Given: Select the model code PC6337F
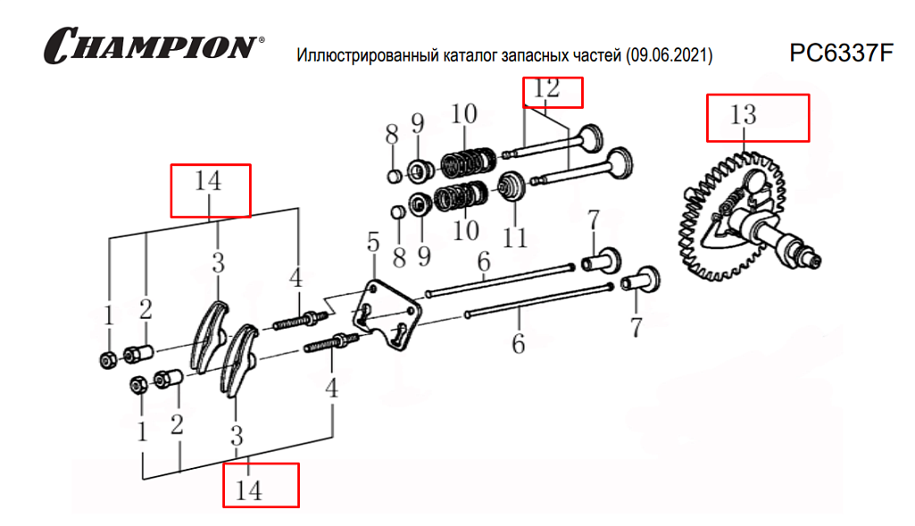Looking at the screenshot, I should [840, 54].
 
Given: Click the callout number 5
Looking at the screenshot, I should [373, 243].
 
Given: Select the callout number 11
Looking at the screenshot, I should [515, 238].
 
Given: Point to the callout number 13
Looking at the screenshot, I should [743, 115].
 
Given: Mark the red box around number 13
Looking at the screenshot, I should [758, 117].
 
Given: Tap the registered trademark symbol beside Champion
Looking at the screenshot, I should [261, 40].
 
